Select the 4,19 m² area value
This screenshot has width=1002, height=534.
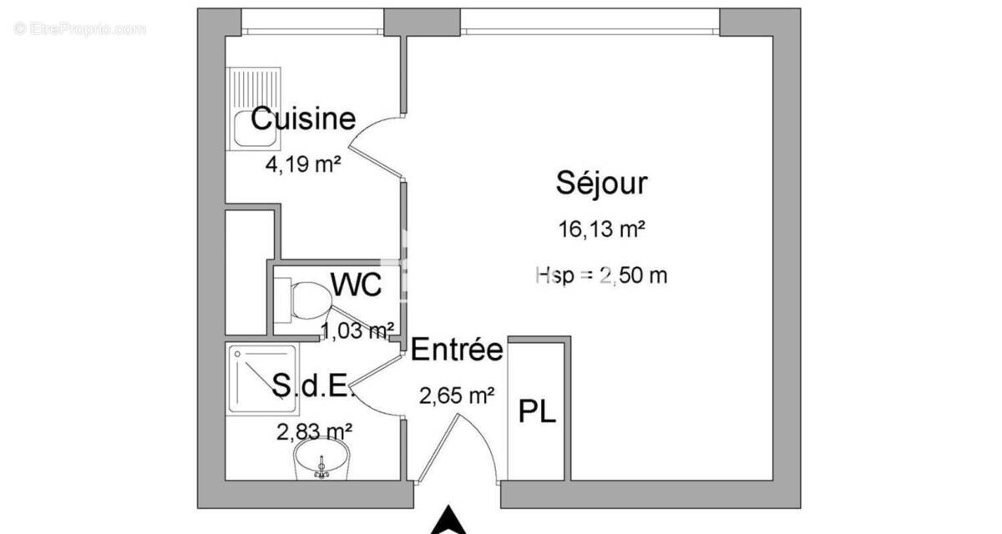point(302,164)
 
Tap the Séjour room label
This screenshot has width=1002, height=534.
point(601,183)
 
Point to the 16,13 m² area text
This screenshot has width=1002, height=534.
point(602,230)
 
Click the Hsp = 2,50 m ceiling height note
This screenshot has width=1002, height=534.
point(601,275)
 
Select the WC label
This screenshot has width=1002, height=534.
point(357,285)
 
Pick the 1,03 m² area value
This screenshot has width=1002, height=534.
point(357,331)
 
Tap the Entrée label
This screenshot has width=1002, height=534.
point(457,350)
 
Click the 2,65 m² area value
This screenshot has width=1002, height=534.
point(457,395)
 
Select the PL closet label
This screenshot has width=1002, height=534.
point(538,412)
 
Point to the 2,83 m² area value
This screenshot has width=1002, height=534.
point(314,431)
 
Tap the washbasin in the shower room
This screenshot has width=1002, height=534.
point(321,461)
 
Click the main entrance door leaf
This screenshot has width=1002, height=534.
point(438,448)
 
